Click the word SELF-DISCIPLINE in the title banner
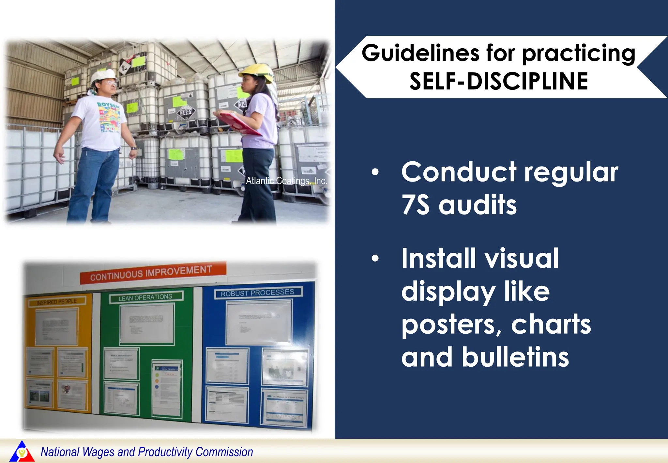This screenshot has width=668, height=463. click(499, 82)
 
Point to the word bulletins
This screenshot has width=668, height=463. click(515, 357)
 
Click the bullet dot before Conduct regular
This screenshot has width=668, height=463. click(375, 172)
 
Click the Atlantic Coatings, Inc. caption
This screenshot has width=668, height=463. click(286, 181)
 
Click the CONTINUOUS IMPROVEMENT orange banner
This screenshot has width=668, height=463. click(152, 273)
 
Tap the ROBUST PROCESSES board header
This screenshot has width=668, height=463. click(258, 293)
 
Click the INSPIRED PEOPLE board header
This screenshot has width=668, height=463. click(56, 302)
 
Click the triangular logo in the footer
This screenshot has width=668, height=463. click(22, 452)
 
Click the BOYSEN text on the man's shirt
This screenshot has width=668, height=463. click(108, 105)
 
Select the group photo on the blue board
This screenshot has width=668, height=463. click(285, 369)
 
